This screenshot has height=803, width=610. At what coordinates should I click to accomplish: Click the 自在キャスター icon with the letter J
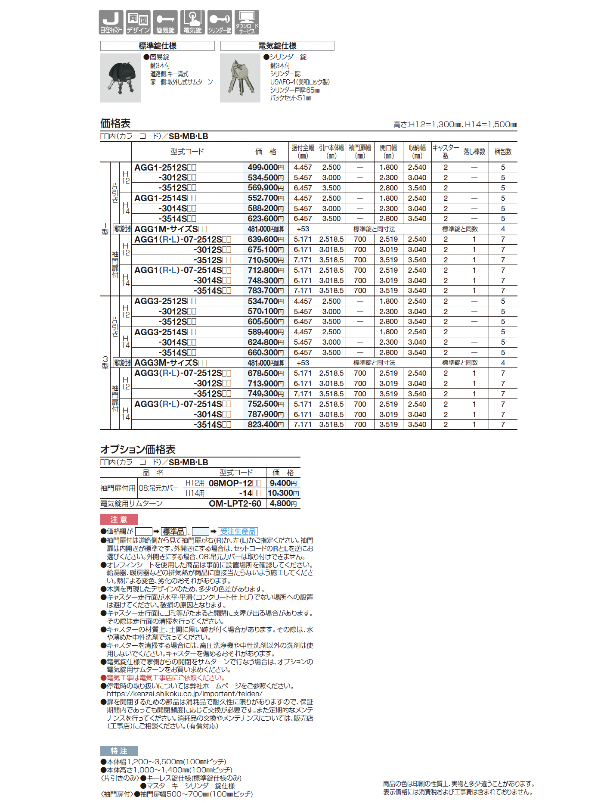coord(111,22)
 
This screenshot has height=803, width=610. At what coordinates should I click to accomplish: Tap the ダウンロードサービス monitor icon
coord(247,22)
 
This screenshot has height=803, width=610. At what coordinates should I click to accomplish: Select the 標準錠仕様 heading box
coord(157,46)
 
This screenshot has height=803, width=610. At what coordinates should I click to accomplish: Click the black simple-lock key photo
coord(121,78)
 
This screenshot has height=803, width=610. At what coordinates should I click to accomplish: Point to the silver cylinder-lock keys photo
coord(240,78)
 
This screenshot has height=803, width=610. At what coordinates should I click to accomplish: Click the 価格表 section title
coord(115,124)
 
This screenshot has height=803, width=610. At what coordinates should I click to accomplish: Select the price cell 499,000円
coord(266,168)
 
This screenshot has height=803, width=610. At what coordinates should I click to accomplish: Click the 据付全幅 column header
coord(303,152)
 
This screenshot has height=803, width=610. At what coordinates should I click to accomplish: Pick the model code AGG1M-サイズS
coord(166,229)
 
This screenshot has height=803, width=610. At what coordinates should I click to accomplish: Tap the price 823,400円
coord(266,425)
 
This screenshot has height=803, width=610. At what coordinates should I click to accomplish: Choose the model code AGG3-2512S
coord(161,301)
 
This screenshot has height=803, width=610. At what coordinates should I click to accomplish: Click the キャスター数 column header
coord(446,152)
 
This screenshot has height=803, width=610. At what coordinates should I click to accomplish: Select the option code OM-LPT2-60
coord(235,504)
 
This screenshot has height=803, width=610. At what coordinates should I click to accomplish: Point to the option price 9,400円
coord(283,483)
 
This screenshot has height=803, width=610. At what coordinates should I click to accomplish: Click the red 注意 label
coord(119,519)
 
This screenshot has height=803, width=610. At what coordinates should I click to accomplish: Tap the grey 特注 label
coord(119,751)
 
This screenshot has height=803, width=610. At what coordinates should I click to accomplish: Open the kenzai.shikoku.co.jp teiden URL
coord(184,694)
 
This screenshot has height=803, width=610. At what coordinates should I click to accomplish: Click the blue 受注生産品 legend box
coord(238,532)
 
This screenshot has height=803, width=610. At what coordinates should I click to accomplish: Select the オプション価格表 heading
coord(138,450)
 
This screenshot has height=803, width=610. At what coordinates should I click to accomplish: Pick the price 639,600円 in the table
coord(266,240)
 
